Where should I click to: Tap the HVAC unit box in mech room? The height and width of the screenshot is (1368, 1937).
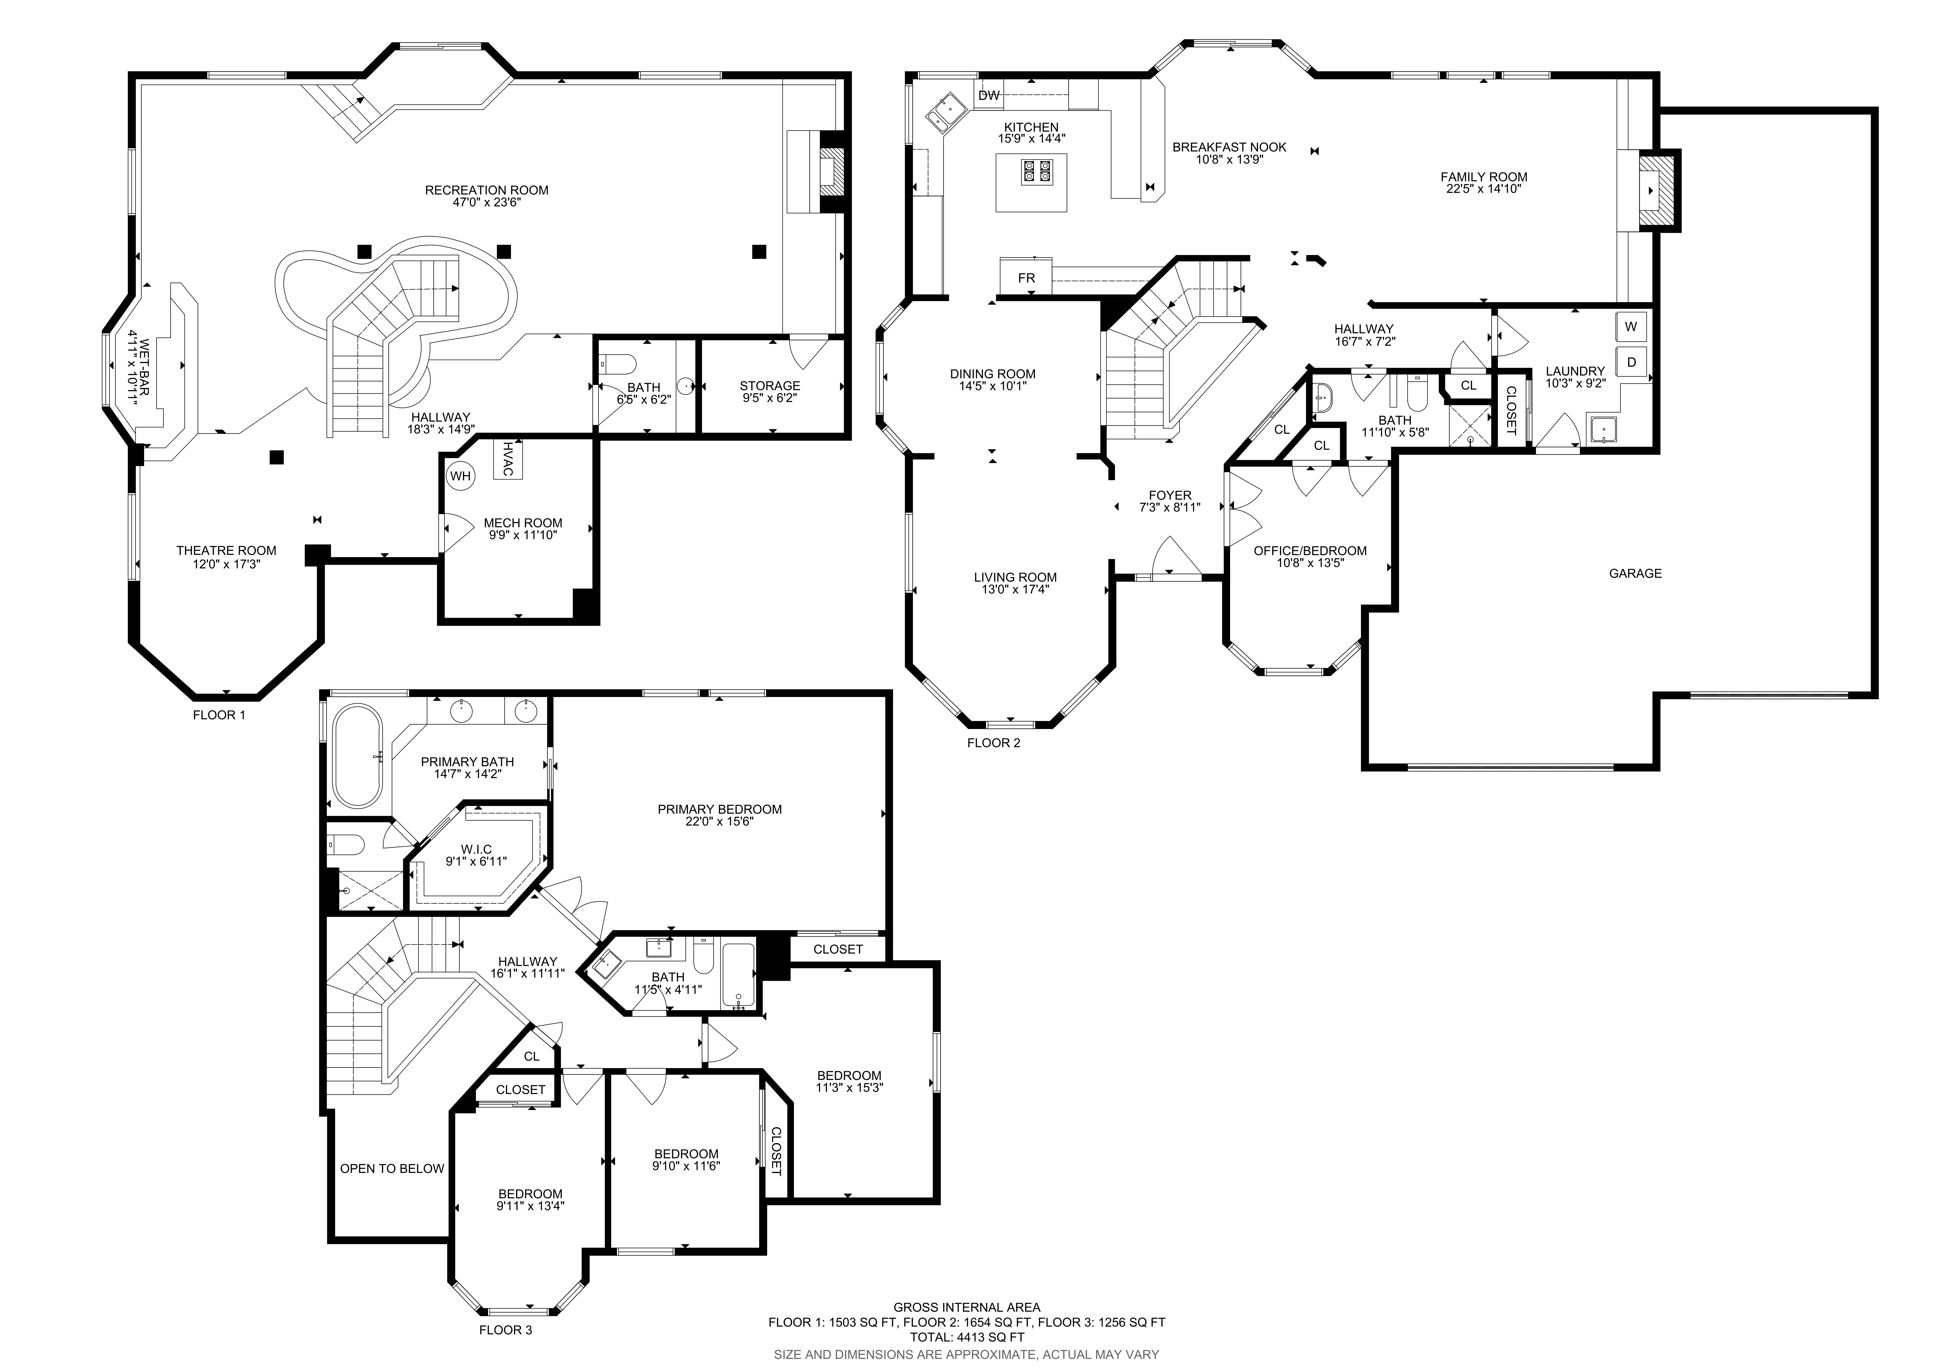tap(508, 459)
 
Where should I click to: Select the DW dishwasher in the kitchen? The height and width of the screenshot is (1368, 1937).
tap(989, 95)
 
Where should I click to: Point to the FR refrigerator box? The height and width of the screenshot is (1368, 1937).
tap(1026, 278)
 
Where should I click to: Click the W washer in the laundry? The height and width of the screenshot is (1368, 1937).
tap(1631, 326)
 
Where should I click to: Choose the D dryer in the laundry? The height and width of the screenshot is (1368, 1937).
tap(1631, 362)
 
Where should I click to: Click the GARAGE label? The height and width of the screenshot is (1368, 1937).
tap(1635, 574)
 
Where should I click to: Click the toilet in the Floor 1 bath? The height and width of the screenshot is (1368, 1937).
tap(618, 364)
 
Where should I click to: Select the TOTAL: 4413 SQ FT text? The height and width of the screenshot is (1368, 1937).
tap(967, 1337)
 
